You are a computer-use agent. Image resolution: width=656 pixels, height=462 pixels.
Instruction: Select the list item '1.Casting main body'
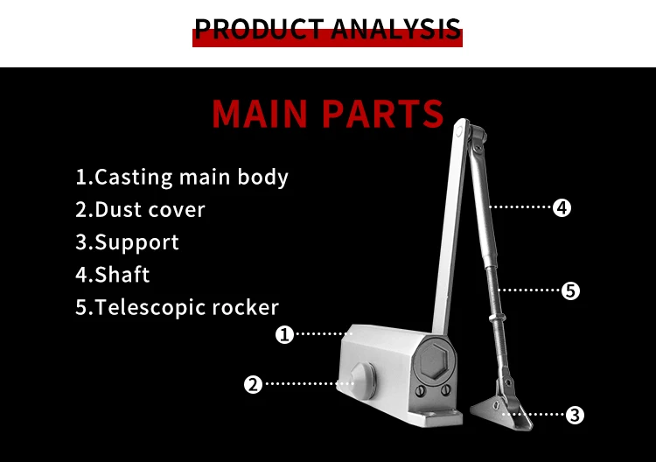182,177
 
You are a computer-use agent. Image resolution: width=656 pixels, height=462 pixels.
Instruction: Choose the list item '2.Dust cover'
140,210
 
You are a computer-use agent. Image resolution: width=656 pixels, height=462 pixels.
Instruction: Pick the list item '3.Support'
127,242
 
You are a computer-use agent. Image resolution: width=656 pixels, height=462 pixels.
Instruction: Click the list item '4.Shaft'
113,275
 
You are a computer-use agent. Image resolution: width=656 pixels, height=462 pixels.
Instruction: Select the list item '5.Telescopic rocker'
177,307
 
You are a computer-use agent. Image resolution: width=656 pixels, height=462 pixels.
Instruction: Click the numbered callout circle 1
284,333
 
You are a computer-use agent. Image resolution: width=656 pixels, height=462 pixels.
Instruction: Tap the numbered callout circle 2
253,383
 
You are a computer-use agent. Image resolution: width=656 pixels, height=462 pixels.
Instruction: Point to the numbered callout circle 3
575,415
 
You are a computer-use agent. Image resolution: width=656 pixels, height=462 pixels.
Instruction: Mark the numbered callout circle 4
562,207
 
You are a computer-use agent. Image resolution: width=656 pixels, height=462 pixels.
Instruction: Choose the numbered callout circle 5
570,290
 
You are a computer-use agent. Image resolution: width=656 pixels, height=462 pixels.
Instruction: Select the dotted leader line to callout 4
520,207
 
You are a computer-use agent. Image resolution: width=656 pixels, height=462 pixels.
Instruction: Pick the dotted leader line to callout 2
302,383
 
